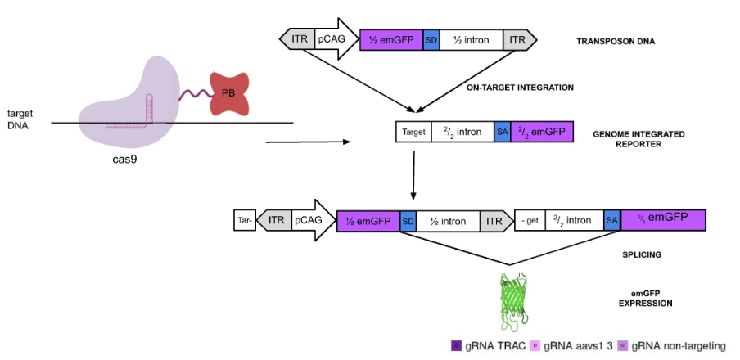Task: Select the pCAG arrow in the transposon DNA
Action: click(x=332, y=38)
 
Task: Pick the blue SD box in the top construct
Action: click(x=431, y=38)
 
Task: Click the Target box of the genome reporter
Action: click(x=415, y=132)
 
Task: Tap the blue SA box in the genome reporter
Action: click(x=503, y=132)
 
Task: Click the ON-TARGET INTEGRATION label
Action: click(x=520, y=87)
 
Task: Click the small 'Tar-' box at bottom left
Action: click(x=245, y=219)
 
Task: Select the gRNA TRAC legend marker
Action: click(x=456, y=345)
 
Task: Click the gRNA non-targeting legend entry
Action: click(x=671, y=345)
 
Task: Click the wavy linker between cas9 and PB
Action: click(x=195, y=94)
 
